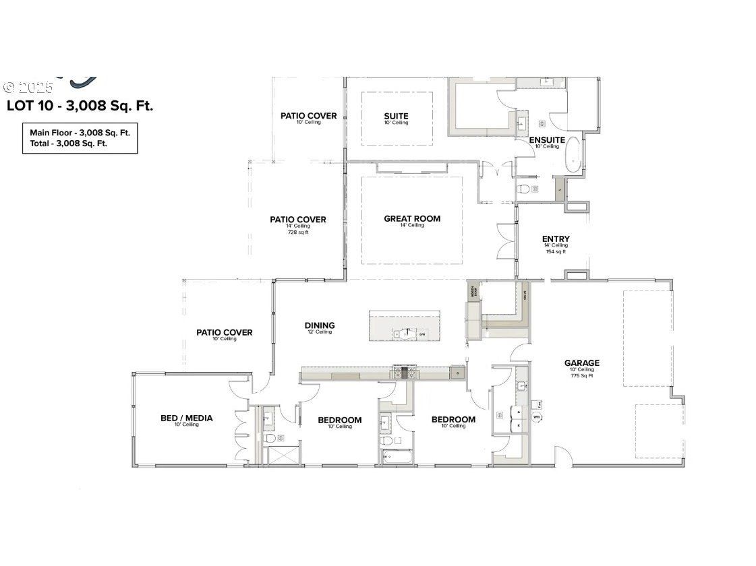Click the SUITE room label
(396, 116)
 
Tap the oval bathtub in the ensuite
(573, 156)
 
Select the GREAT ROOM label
(411, 218)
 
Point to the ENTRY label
(556, 239)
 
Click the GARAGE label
(581, 363)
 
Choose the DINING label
(319, 325)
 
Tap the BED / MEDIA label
(186, 418)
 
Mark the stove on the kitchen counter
(409, 373)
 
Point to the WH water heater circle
(537, 417)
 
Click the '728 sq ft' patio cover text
(297, 232)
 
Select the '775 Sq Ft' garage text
(581, 376)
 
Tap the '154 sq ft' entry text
(556, 251)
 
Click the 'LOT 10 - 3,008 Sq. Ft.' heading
(80, 106)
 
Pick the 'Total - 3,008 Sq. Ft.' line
(68, 144)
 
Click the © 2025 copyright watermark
(28, 88)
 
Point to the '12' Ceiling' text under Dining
(319, 332)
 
